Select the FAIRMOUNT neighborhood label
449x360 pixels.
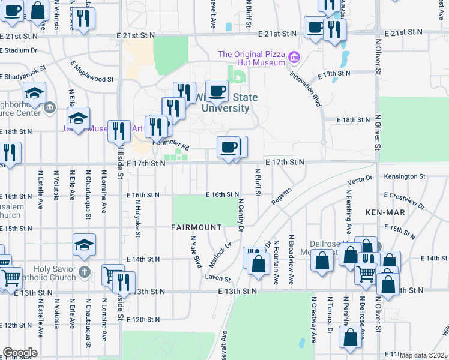click(x=196, y=227)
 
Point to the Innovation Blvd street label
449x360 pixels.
click(x=306, y=89)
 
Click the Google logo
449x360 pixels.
click(x=19, y=353)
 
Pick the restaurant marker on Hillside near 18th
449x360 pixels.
click(x=119, y=131)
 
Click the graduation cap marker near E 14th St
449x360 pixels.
click(x=84, y=244)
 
